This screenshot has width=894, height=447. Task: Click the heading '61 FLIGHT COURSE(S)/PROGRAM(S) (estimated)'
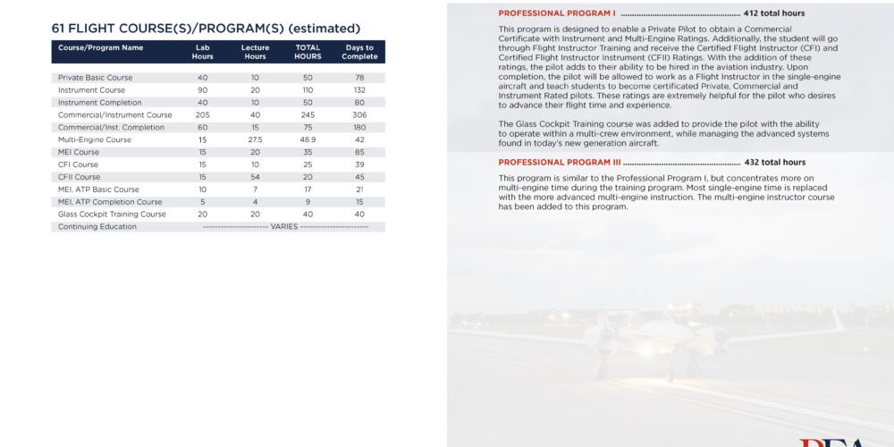[206, 29]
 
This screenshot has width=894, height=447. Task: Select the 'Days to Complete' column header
[359, 52]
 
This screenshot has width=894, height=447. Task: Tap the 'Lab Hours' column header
[203, 52]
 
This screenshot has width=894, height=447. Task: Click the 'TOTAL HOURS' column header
[308, 52]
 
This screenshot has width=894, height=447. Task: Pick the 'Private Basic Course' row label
[95, 78]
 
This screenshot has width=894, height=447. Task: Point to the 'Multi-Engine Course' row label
[95, 139]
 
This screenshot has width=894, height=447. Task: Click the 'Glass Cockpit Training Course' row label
[112, 215]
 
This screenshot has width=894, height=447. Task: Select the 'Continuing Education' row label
[97, 227]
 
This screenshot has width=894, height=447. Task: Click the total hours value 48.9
[308, 139]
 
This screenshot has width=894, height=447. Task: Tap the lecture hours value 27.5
[255, 139]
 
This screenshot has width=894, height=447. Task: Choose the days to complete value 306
[359, 115]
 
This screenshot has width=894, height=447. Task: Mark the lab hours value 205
[203, 115]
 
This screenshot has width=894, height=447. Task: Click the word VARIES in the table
[284, 227]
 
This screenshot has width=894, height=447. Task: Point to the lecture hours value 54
[255, 177]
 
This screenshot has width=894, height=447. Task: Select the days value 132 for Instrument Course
[359, 90]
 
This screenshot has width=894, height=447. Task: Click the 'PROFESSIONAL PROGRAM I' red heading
[557, 14]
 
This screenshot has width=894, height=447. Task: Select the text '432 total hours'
[775, 163]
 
